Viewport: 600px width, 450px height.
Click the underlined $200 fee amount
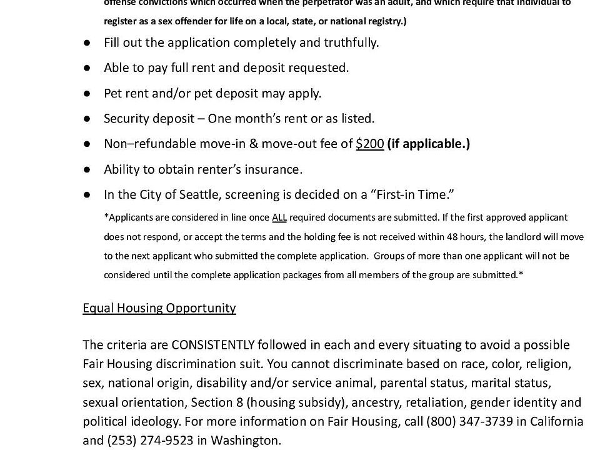pos(369,144)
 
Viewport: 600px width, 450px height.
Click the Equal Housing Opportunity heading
pos(159,307)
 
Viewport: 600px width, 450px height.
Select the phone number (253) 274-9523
pos(149,440)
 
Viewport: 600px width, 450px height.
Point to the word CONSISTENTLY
pos(213,345)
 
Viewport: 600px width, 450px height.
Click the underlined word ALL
pos(279,217)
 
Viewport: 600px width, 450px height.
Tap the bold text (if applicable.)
pos(429,144)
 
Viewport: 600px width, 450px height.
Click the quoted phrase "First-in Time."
pos(412,194)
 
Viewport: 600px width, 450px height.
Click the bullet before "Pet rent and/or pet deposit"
pos(88,93)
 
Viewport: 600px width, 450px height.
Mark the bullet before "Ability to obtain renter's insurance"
pos(88,169)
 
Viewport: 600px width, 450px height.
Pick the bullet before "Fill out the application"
pos(88,42)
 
